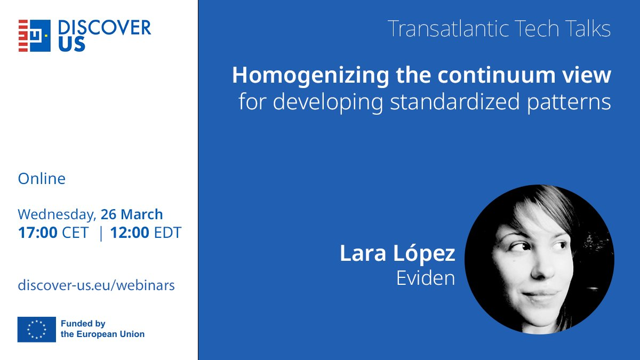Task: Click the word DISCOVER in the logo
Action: click(x=105, y=28)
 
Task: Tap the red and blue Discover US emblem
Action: click(x=35, y=36)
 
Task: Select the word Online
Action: click(x=42, y=179)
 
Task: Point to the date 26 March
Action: click(x=132, y=214)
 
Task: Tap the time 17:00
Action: click(x=38, y=233)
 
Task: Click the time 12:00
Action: click(x=130, y=233)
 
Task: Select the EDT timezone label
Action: click(x=167, y=233)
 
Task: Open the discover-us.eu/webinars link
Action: click(x=97, y=285)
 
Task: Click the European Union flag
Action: click(x=37, y=330)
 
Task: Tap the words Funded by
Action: click(x=83, y=323)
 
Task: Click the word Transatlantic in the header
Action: click(x=449, y=29)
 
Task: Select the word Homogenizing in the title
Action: click(x=310, y=76)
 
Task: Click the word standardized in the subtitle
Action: click(x=454, y=101)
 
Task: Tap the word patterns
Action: click(x=569, y=102)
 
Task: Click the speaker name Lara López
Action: click(x=397, y=253)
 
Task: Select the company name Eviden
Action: click(x=426, y=278)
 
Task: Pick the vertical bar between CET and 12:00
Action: click(x=101, y=233)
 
